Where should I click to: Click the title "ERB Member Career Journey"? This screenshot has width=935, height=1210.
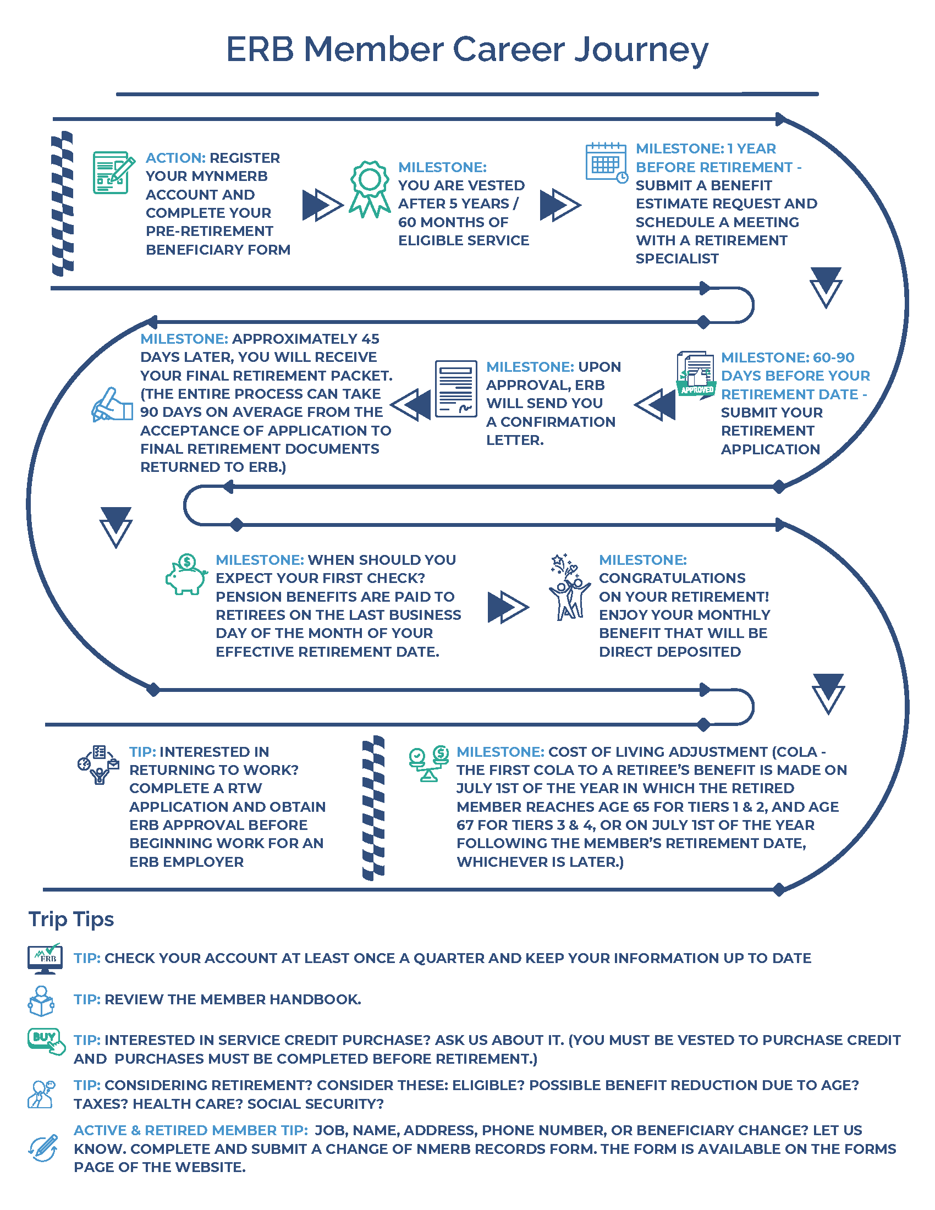coord(467,50)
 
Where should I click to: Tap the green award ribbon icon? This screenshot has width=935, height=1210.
coord(370,189)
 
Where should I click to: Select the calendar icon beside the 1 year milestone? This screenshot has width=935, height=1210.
coord(606,162)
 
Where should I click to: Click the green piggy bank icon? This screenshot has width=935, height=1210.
coord(186,575)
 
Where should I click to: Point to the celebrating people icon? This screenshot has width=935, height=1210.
coord(569,587)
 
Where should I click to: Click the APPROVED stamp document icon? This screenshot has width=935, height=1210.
coord(696,373)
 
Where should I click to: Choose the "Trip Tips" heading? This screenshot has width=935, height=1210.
coord(71,919)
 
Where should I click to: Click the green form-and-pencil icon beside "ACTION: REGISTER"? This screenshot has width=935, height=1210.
coord(113,172)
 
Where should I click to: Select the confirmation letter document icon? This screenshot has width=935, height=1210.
coord(455,388)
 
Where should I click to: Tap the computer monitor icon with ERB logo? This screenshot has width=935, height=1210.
coord(45,959)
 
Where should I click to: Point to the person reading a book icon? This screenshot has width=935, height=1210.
coord(41,1000)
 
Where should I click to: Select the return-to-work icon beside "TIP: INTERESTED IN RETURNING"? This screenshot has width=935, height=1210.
coord(98,764)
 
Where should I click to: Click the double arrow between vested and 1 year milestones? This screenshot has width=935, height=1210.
coord(560,205)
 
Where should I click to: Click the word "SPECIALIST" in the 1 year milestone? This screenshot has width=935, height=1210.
coord(677,258)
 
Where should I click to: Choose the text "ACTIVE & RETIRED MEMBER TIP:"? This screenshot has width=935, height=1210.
coord(190,1130)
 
